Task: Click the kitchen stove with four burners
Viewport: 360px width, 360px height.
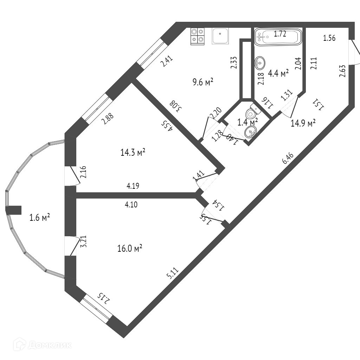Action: [x=197, y=36]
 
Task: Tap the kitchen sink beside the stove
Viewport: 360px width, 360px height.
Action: [x=220, y=36]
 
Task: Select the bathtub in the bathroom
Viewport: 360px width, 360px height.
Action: [x=278, y=37]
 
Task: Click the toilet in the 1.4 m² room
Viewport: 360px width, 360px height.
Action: [x=252, y=113]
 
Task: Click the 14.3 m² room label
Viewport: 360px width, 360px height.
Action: [x=133, y=152]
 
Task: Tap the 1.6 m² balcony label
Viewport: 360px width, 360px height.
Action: [x=39, y=217]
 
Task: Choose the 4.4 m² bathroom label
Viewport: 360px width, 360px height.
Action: [x=278, y=73]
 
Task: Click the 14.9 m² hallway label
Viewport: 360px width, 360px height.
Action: [x=303, y=123]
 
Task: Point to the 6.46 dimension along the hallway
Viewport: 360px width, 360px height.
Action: [x=288, y=159]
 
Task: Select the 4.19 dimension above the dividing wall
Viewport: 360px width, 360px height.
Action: [x=133, y=186]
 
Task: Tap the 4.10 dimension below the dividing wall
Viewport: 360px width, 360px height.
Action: [x=131, y=204]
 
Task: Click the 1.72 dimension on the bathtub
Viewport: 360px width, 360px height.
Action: [x=280, y=34]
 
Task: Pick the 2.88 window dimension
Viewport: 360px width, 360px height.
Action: [x=107, y=119]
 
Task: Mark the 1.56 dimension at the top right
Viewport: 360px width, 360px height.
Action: [x=329, y=38]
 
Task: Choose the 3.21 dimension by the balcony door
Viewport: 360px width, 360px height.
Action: [x=83, y=243]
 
